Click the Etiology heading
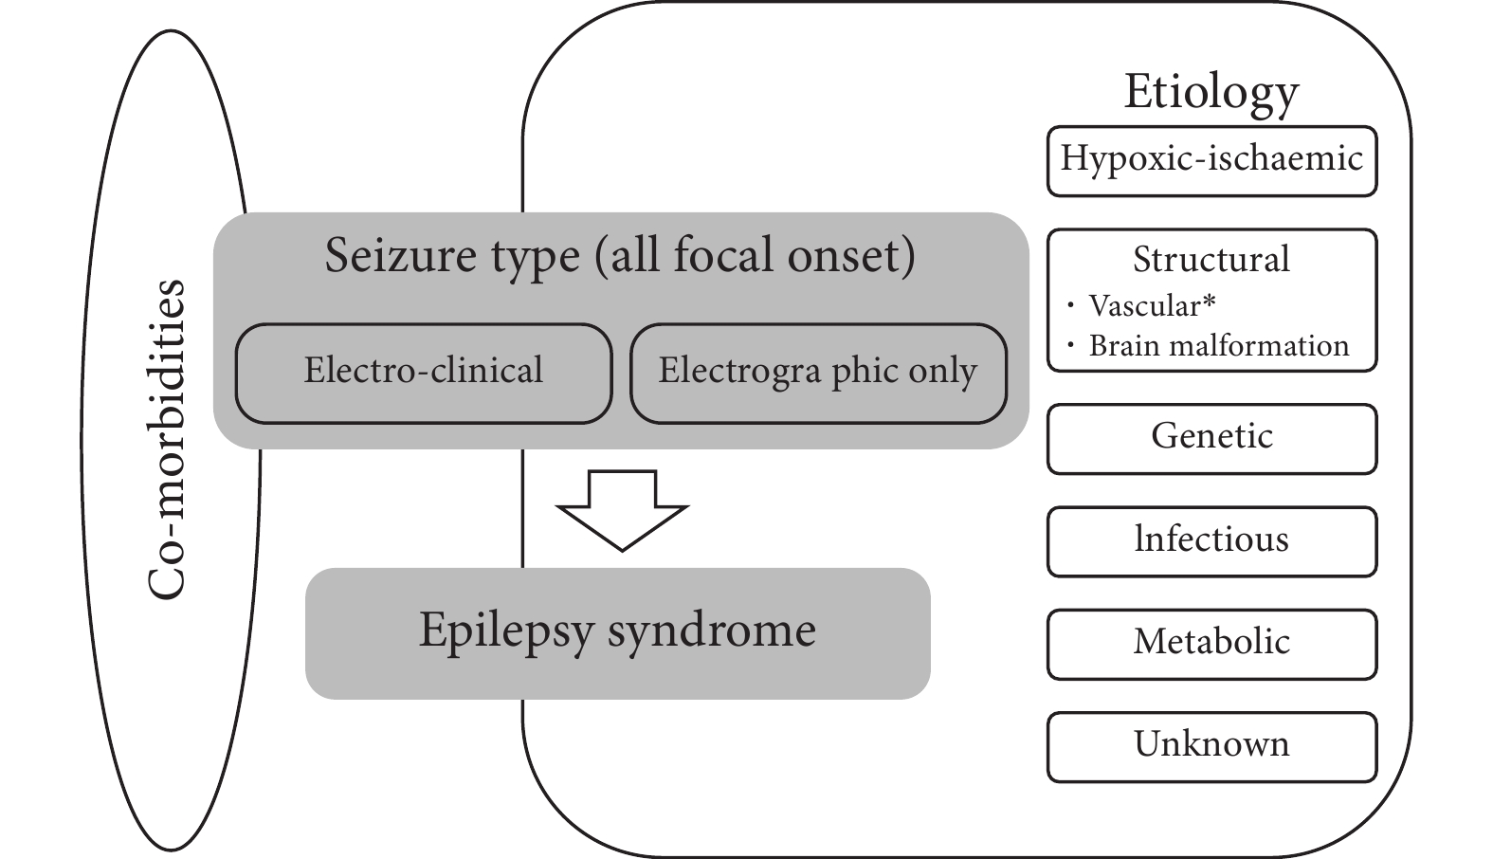pos(1211,93)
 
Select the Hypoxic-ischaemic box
pos(1211,161)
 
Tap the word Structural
pos(1211,259)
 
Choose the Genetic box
pos(1211,439)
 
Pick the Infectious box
pos(1211,541)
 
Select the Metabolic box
pos(1211,645)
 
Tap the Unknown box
pos(1211,747)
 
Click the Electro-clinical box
pos(424,374)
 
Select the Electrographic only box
pos(818,374)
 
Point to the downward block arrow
pos(622,510)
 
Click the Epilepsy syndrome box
pos(618,633)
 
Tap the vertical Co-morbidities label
pos(165,440)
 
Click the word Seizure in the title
pos(401,255)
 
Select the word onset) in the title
pos(851,257)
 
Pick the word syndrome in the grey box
pos(712,631)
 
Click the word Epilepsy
pos(506,631)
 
